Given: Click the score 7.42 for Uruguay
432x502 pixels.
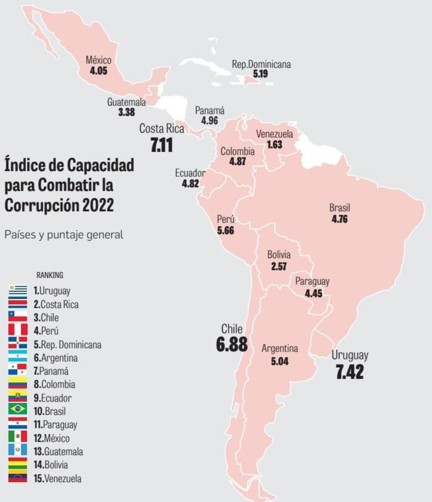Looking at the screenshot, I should click(x=350, y=372).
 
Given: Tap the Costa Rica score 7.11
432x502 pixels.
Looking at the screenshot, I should click(x=161, y=145).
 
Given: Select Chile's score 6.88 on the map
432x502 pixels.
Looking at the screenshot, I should click(x=232, y=345).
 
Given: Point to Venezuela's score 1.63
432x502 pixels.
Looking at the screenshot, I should click(x=275, y=145).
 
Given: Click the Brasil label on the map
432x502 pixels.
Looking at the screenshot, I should click(x=340, y=208).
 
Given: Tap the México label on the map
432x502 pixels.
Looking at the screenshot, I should click(x=98, y=60).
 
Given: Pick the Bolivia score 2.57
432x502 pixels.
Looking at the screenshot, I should click(x=279, y=266).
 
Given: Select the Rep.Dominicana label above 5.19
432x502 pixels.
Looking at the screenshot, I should click(x=261, y=64).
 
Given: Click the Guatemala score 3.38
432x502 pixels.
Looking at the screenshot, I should click(x=126, y=112).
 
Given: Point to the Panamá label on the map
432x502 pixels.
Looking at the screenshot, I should click(x=210, y=111).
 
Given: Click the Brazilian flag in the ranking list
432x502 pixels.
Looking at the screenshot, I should click(x=17, y=409).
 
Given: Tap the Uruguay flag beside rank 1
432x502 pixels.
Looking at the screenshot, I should click(x=17, y=290).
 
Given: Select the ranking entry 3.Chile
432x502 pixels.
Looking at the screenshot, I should click(x=46, y=317).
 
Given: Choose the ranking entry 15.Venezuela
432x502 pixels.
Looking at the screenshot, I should click(x=58, y=478).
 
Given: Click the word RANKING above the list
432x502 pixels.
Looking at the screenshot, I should click(x=50, y=275).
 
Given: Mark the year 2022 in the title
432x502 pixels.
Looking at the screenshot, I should click(x=98, y=205).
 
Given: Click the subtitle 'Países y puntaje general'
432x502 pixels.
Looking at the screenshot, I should click(x=64, y=235).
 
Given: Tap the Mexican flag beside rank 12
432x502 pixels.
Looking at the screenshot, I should click(x=17, y=437).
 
